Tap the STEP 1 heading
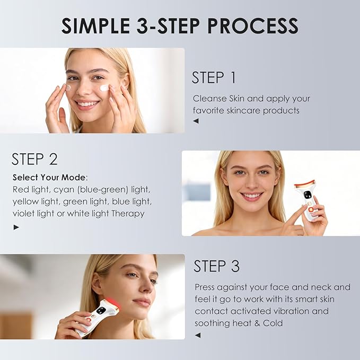click(x=214, y=77)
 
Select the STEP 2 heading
click(x=34, y=159)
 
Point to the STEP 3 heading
click(x=216, y=266)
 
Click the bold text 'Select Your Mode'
click(x=49, y=177)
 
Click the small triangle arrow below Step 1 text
click(x=196, y=121)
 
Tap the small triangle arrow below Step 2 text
click(x=16, y=227)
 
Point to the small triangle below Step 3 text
click(x=197, y=335)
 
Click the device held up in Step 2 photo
click(x=309, y=201)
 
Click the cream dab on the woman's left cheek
click(x=104, y=87)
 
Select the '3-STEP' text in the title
click(x=163, y=25)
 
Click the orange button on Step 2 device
click(x=311, y=209)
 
